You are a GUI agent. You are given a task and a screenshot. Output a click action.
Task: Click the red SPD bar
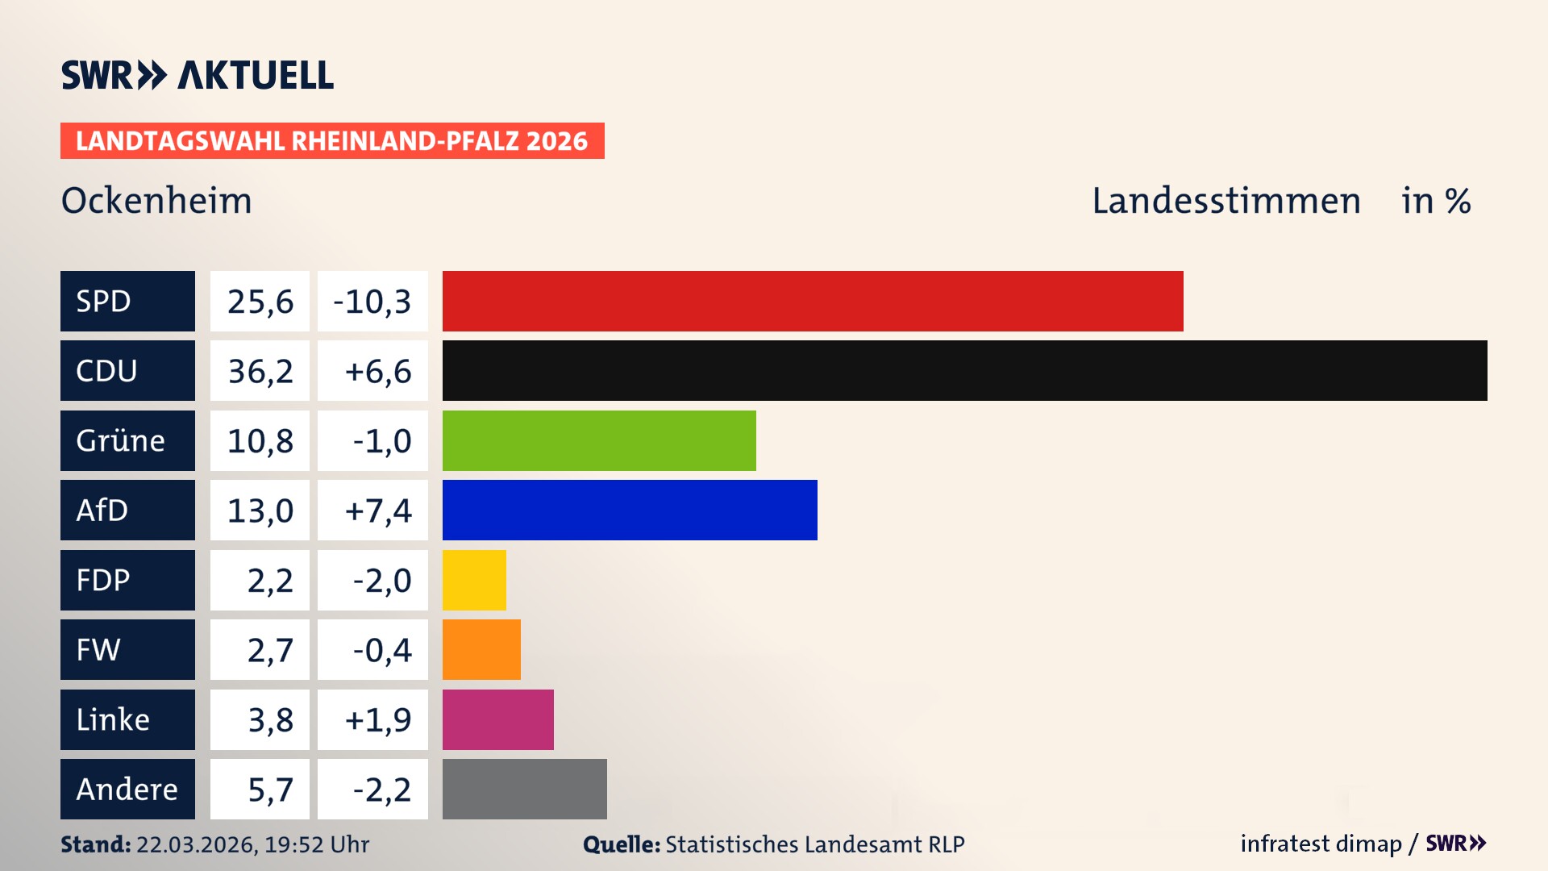(x=813, y=301)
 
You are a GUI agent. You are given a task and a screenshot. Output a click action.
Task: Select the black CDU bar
(x=964, y=371)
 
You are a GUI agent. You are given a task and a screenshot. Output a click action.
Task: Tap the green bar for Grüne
(x=599, y=440)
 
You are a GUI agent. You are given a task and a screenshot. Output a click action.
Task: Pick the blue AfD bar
(x=630, y=510)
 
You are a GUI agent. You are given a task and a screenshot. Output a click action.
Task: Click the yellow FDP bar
(x=474, y=580)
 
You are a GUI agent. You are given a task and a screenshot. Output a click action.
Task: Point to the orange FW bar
(x=481, y=649)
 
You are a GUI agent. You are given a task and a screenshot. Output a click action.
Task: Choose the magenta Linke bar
(x=497, y=719)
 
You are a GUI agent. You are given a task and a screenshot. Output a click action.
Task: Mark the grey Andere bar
(x=524, y=789)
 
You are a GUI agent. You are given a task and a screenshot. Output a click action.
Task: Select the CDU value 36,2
(x=260, y=371)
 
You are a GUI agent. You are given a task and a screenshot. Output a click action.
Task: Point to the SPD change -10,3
(x=372, y=301)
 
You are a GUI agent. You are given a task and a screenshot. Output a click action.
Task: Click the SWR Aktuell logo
(x=198, y=75)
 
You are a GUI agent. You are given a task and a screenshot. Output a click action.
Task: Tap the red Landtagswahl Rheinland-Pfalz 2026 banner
(x=332, y=141)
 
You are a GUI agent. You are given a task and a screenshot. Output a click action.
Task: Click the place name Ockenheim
(x=156, y=201)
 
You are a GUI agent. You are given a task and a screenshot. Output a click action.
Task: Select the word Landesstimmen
(x=1225, y=201)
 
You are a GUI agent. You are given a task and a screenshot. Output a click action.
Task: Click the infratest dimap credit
(x=1320, y=844)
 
